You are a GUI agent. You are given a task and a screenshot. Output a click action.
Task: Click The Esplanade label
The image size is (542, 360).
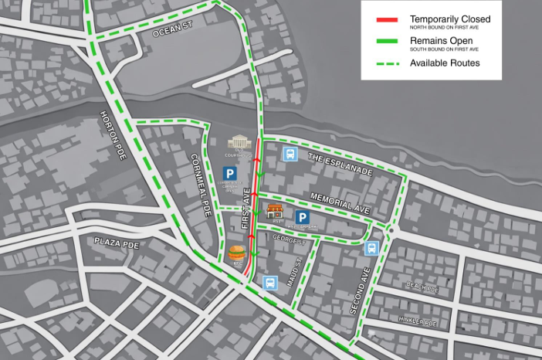coord(340,163)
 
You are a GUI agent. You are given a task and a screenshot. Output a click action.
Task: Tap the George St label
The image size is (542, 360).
coord(290,240)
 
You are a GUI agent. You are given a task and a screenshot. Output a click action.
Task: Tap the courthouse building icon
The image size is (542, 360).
coord(239,144)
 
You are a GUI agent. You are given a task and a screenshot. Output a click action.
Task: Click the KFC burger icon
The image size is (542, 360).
coord(237,253)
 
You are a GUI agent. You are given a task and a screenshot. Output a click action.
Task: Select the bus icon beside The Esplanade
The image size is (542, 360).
coord(290,154)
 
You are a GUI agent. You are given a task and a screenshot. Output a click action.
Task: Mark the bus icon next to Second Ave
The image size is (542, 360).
coord(371,249)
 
